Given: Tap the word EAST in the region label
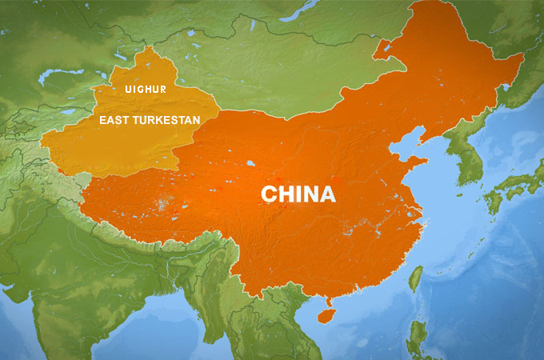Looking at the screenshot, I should coord(114,119).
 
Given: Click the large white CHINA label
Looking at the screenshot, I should coord(298,194).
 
